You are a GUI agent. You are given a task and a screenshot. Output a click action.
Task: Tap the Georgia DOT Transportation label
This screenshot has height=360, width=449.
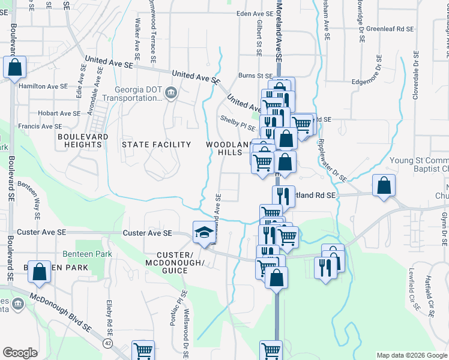(x=139, y=94)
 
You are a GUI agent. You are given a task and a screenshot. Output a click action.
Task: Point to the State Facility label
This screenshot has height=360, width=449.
(x=156, y=145)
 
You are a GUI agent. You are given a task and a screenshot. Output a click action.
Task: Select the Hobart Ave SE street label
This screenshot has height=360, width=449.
(x=58, y=113)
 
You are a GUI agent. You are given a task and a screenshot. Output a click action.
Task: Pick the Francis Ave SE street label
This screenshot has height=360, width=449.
(x=40, y=127)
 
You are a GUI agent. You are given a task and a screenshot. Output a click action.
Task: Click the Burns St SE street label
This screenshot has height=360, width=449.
(x=255, y=76)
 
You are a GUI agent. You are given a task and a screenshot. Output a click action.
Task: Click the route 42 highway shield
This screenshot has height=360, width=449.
(x=107, y=343)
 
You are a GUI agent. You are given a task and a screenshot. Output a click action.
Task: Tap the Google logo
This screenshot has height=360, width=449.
(x=20, y=353)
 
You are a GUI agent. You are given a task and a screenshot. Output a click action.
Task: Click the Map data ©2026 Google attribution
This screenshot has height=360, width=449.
(x=411, y=355)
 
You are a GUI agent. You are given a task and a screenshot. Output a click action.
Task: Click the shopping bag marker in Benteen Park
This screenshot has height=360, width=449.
(x=39, y=272)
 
